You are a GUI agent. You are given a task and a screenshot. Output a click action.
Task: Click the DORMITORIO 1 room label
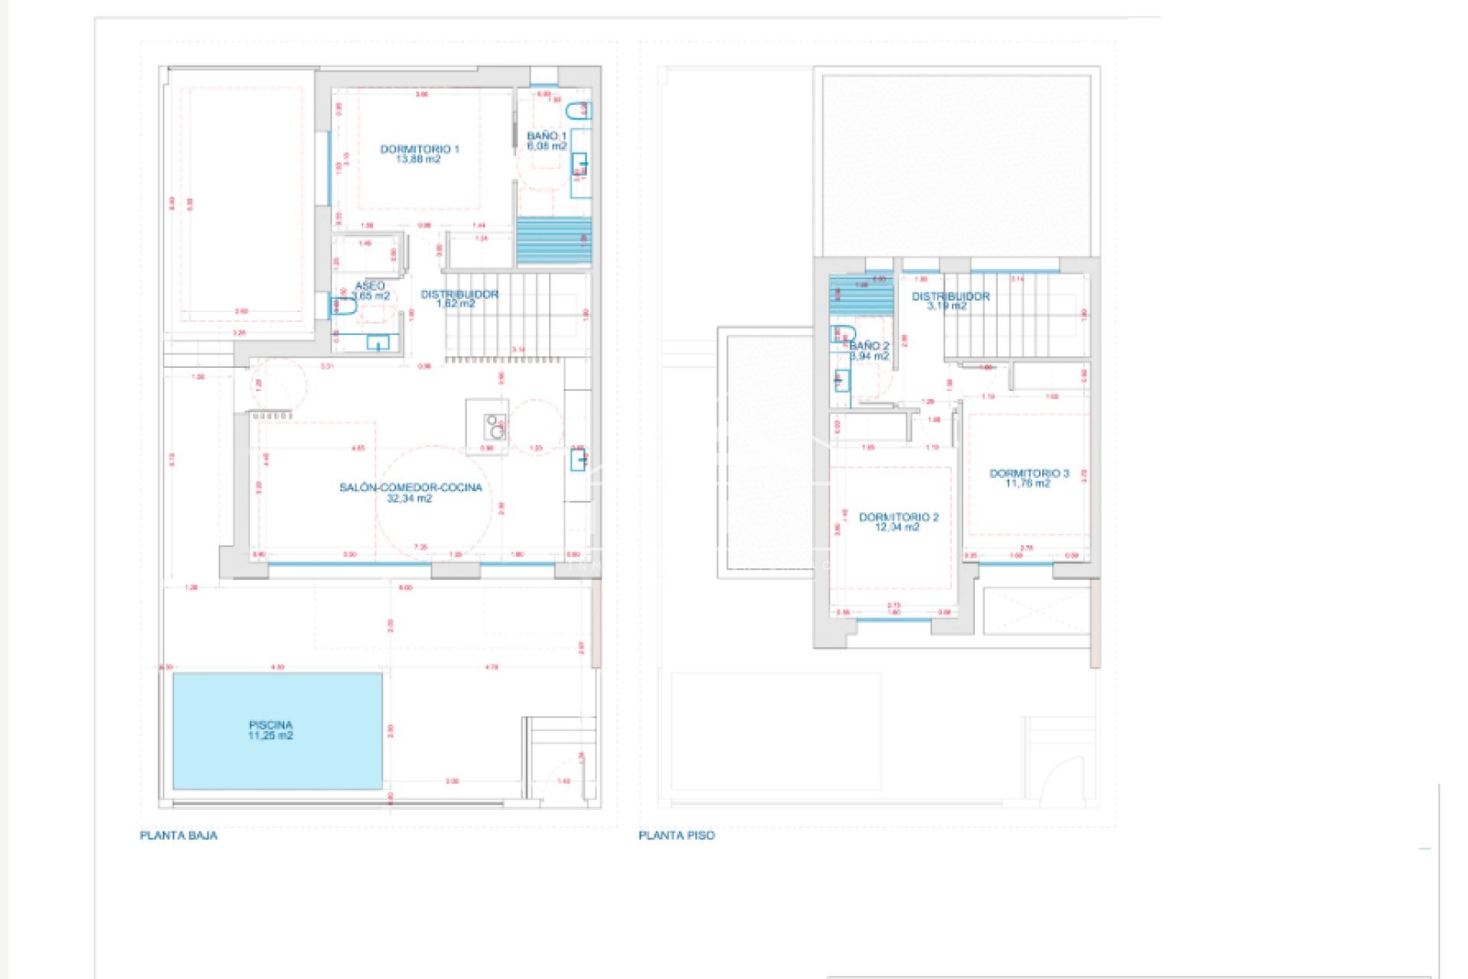(419, 149)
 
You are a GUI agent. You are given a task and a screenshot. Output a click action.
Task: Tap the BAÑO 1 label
(547, 136)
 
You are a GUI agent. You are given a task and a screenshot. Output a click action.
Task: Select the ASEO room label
(369, 285)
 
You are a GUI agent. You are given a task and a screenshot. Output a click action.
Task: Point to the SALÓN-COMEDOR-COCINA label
(411, 487)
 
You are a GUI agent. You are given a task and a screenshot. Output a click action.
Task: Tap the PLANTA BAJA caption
(178, 835)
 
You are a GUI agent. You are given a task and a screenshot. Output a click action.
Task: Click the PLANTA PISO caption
(677, 835)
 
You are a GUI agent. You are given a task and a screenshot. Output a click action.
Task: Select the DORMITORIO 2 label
(898, 517)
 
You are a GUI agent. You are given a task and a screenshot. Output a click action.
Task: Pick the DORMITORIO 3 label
(1029, 473)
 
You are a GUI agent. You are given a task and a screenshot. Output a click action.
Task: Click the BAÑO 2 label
(869, 346)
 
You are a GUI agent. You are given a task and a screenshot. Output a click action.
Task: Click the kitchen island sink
(495, 427)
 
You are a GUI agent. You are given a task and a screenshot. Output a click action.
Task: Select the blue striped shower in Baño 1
(554, 241)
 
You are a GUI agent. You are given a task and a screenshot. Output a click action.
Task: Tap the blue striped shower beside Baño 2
(861, 294)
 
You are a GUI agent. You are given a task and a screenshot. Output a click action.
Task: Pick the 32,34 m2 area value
(409, 499)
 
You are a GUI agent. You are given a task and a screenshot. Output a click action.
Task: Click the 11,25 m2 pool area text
(270, 736)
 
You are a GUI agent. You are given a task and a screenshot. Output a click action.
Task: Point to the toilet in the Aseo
(343, 307)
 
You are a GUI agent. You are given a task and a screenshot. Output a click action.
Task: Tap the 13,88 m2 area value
(418, 160)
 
